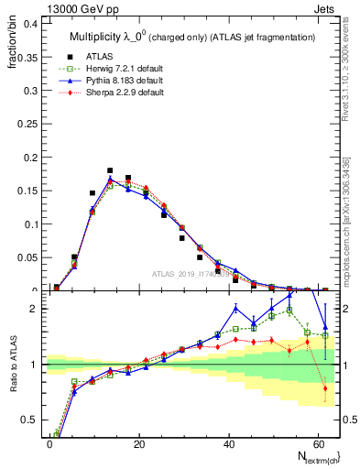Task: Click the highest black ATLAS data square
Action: click(110, 170)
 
